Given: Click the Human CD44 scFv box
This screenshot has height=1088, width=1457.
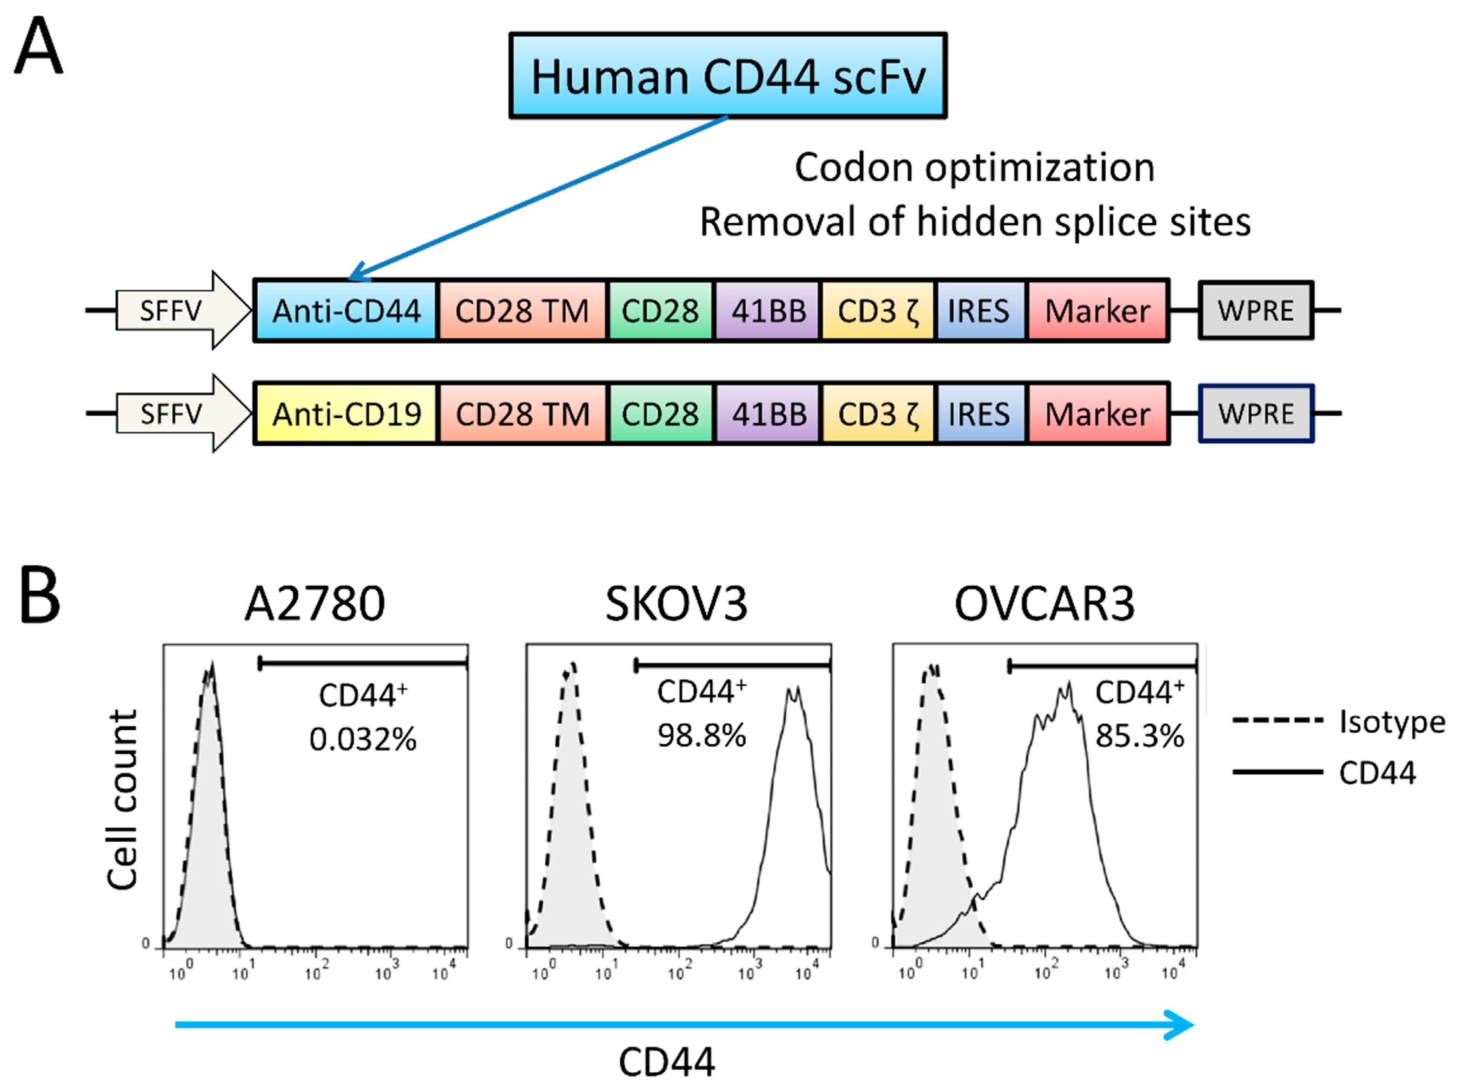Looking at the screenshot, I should click(728, 76).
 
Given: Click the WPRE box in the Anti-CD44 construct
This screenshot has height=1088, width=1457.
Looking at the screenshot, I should click(1256, 311).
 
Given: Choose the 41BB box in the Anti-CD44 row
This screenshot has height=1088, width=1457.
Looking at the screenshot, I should click(768, 311).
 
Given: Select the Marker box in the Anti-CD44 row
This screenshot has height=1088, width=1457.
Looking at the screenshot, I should click(1097, 311).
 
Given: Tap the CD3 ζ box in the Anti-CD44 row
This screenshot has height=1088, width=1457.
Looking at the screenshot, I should click(878, 311).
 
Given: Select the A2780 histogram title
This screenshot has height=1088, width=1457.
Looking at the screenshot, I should click(315, 603).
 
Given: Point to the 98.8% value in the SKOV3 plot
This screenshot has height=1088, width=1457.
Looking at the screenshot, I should click(702, 735).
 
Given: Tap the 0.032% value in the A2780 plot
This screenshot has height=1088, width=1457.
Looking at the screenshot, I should click(363, 739).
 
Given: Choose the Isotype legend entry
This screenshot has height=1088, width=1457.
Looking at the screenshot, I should click(1391, 722).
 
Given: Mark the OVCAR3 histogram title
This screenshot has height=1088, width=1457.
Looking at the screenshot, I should click(1045, 603).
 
